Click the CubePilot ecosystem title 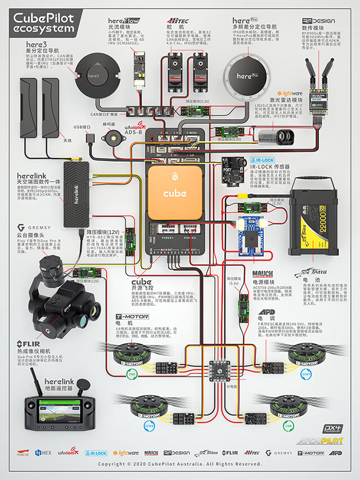(x=43, y=23)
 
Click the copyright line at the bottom (x=179, y=465)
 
